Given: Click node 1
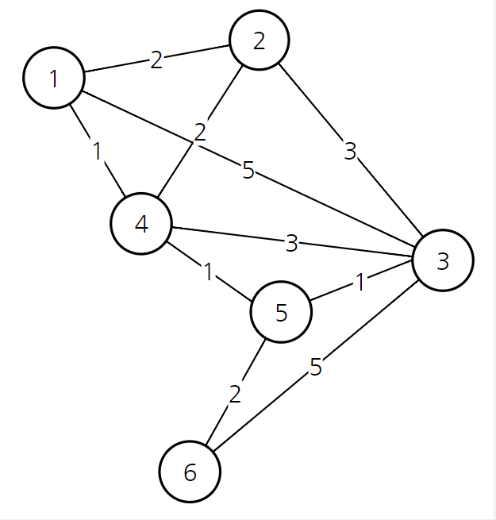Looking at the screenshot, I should click(54, 78).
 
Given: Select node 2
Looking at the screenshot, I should click(259, 40).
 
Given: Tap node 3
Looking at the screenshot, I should click(443, 260).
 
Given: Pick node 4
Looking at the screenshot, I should click(141, 224).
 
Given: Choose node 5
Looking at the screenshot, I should click(281, 312).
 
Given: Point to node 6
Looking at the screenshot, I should click(190, 472).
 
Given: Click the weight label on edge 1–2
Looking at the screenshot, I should click(156, 60).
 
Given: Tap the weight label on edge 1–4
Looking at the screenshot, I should click(98, 151).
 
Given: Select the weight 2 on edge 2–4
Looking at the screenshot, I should click(200, 130).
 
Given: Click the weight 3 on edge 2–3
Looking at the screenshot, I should click(351, 150).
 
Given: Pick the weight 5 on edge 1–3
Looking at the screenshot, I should click(248, 169).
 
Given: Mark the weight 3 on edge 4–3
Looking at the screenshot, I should click(291, 243).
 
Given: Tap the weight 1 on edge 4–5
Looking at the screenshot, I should click(209, 272).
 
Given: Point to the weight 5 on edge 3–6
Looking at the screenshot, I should click(316, 368).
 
